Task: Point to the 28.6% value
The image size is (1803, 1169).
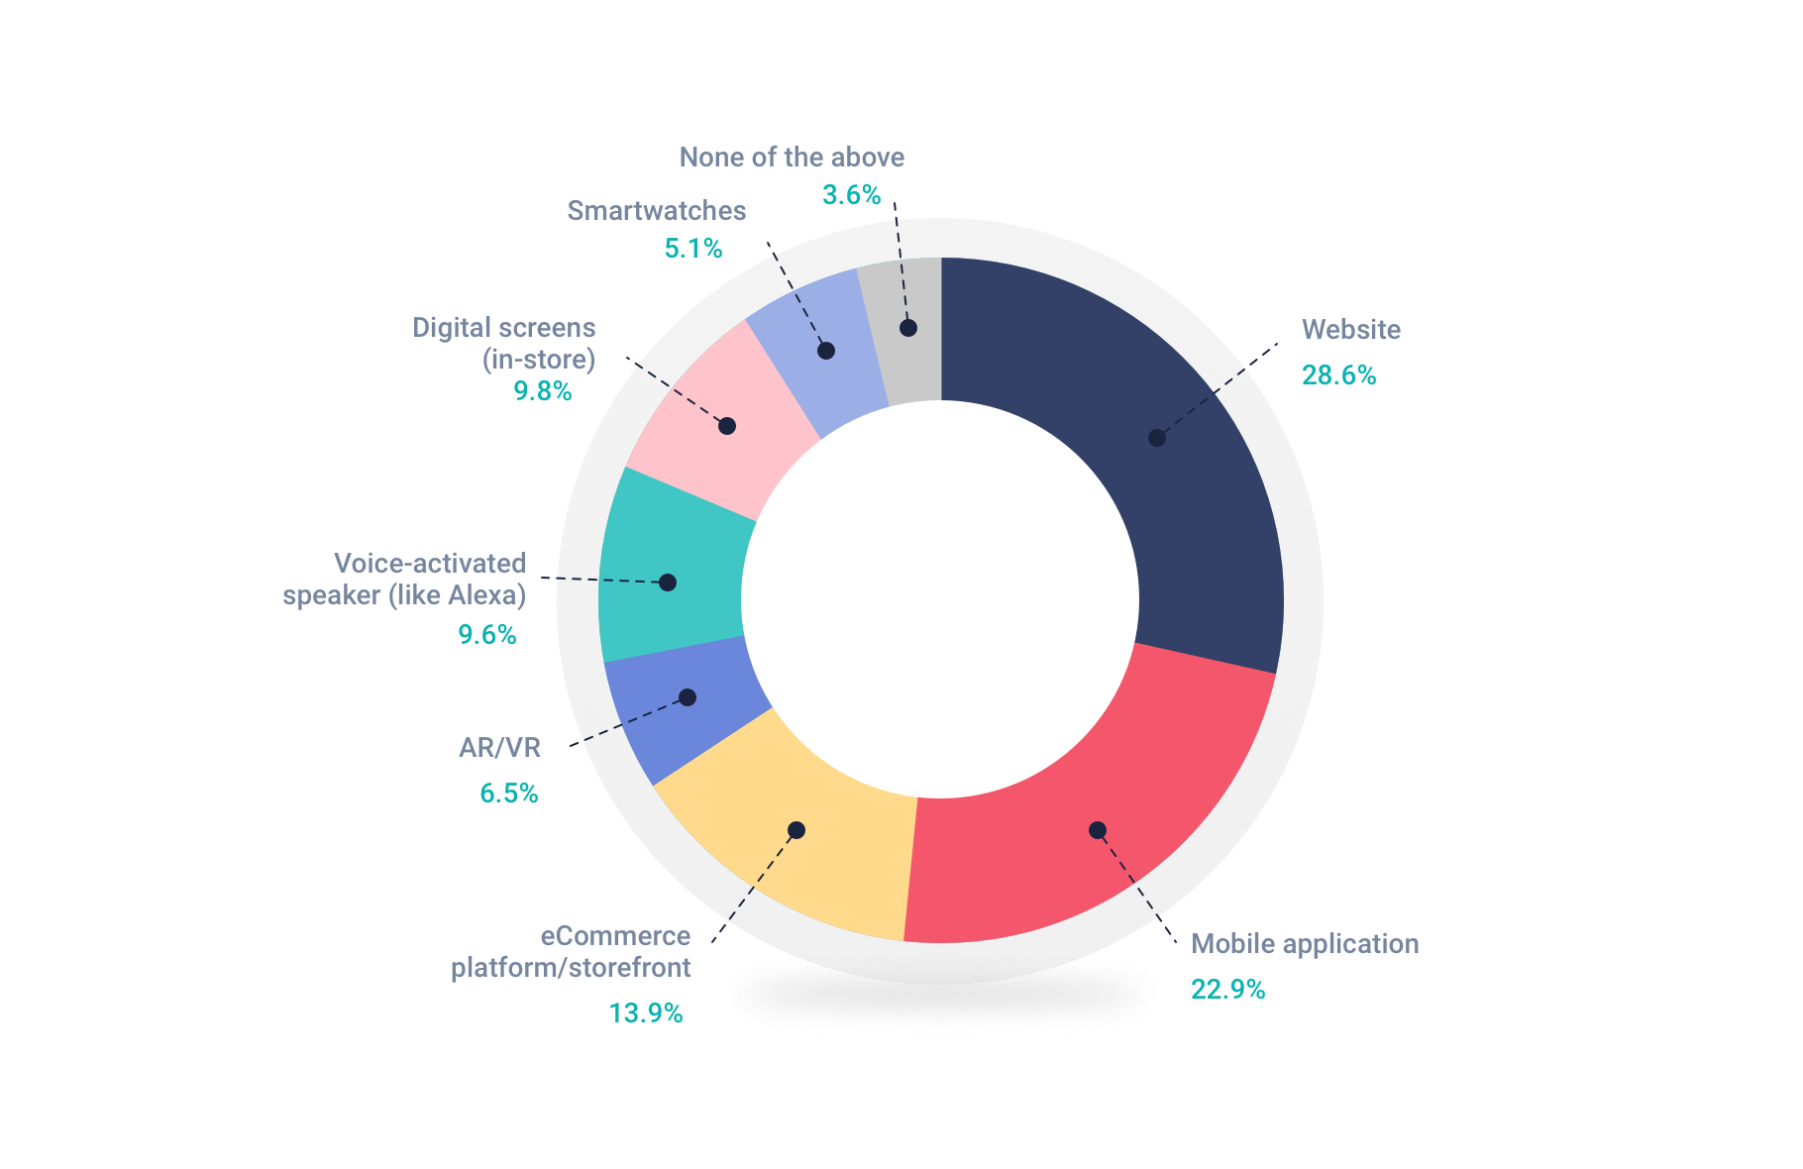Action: (1338, 375)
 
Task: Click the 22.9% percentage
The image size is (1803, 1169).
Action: (1227, 990)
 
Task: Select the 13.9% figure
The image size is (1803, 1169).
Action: (645, 1013)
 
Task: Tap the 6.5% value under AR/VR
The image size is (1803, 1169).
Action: (509, 794)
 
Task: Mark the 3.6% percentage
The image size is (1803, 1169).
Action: (851, 195)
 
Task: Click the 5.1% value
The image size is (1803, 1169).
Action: (693, 249)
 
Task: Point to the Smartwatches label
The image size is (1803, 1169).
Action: (657, 211)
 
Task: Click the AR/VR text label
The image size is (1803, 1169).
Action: (500, 748)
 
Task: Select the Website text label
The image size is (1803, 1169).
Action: (1350, 330)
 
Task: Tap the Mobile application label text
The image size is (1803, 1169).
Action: (1304, 944)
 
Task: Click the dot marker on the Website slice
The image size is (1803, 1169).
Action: (1156, 438)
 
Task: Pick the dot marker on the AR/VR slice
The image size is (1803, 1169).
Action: (688, 697)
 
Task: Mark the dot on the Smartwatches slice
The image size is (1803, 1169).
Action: (826, 351)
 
